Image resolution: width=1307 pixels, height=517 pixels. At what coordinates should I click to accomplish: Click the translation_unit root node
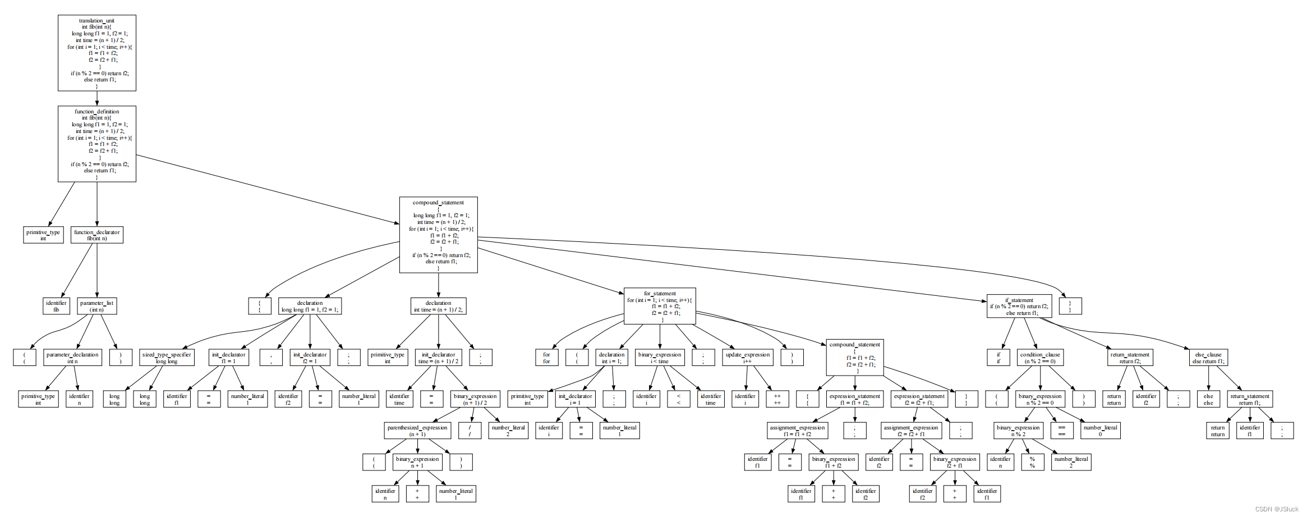(x=97, y=53)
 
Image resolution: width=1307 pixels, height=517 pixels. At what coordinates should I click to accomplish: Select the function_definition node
(x=97, y=144)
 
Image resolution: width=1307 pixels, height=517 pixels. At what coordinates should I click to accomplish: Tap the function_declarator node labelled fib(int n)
(x=97, y=235)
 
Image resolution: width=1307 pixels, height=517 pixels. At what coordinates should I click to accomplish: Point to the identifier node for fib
(x=56, y=306)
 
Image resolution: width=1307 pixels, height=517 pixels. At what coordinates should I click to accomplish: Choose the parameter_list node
(x=96, y=306)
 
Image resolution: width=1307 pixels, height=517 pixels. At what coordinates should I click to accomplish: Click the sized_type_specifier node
(x=167, y=358)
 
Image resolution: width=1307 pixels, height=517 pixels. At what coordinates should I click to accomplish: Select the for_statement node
(x=660, y=306)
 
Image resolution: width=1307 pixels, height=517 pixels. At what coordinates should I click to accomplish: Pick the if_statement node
(x=1019, y=306)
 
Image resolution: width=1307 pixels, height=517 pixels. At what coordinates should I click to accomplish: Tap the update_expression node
(x=747, y=358)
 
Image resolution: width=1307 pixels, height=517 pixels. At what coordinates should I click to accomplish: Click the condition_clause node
(x=1040, y=358)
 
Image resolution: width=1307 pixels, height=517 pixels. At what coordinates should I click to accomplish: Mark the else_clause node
(x=1208, y=358)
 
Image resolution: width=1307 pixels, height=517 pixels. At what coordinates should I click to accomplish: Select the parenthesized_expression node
(x=417, y=431)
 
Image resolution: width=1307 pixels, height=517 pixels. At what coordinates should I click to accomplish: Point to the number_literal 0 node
(x=1100, y=431)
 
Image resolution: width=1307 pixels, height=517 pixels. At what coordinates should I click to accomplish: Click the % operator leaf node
(x=1032, y=462)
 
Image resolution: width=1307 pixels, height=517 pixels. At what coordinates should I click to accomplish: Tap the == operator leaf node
(x=1062, y=431)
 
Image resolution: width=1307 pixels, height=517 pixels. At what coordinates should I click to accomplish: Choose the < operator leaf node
(x=679, y=399)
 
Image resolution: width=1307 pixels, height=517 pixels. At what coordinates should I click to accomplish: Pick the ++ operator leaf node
(x=777, y=399)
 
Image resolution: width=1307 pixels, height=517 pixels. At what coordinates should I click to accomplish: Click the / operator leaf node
(x=470, y=431)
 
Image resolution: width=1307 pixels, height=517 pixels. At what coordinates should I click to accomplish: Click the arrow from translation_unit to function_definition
(x=97, y=98)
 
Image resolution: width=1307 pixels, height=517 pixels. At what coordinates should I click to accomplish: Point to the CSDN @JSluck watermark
(x=1277, y=509)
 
